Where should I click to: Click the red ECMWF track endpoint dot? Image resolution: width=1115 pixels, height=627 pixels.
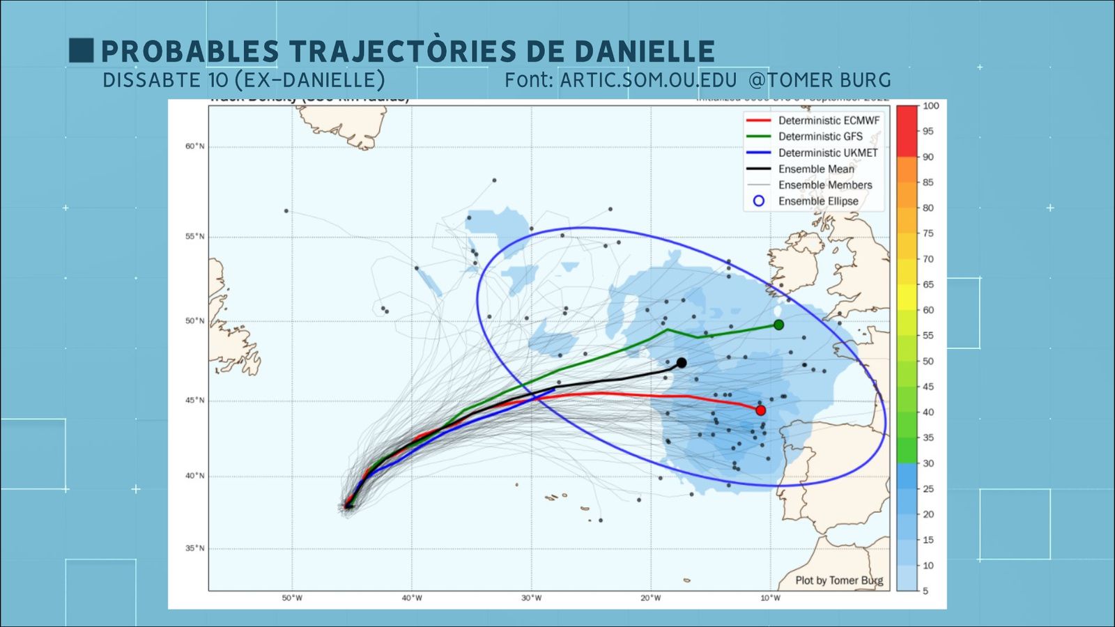(x=760, y=410)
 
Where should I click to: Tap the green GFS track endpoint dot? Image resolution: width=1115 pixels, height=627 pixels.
(x=778, y=325)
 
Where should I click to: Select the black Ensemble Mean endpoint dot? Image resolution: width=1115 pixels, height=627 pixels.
(x=682, y=363)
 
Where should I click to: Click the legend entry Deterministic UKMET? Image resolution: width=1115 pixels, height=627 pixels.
(x=828, y=153)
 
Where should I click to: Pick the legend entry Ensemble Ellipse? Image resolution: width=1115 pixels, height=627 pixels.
(x=818, y=201)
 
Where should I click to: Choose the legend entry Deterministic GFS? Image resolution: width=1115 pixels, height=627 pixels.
(x=820, y=137)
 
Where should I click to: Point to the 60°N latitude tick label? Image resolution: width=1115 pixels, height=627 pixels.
(x=195, y=146)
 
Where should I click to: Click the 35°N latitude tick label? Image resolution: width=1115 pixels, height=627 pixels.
(x=195, y=548)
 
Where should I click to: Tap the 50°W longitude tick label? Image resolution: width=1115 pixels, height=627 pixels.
(x=292, y=598)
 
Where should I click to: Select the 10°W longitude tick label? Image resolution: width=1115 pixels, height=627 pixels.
(x=770, y=598)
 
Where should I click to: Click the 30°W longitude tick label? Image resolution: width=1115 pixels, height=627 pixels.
(x=531, y=598)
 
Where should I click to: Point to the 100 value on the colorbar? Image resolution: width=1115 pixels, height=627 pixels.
(x=930, y=106)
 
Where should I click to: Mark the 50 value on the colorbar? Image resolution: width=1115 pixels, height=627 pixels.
(x=928, y=361)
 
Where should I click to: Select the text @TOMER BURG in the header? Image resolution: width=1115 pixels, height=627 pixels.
(x=820, y=80)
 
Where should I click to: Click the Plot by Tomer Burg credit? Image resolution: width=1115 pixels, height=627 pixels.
(x=839, y=580)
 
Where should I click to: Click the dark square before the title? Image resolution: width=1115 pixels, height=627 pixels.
(x=81, y=50)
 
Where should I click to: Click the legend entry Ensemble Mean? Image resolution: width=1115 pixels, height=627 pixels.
(x=816, y=169)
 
